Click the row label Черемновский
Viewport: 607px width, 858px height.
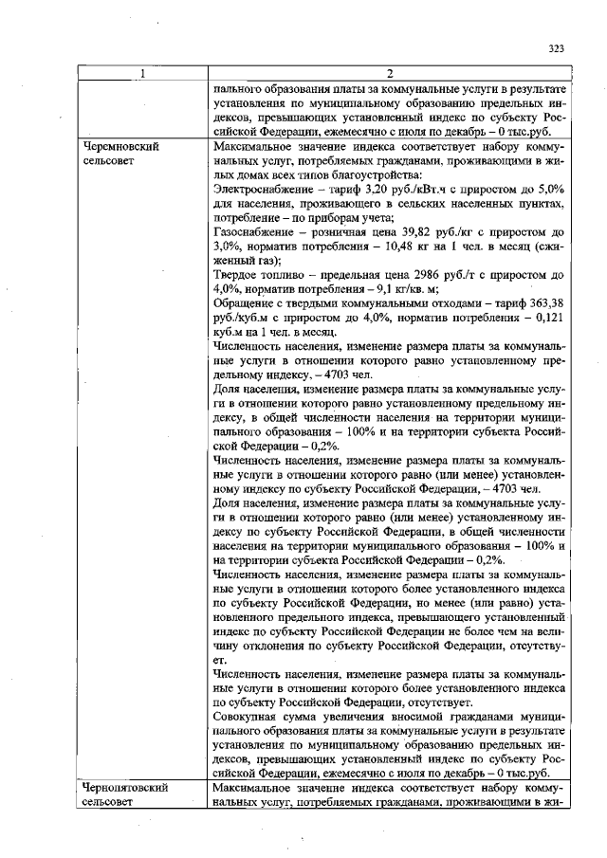[117, 148]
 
